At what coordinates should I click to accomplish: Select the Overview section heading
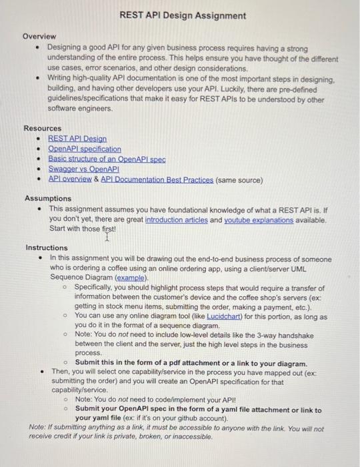click(40, 36)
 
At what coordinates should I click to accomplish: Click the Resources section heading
click(43, 128)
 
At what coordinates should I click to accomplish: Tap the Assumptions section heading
click(48, 199)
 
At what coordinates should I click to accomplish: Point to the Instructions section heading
click(47, 248)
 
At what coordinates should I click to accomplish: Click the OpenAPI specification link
click(85, 149)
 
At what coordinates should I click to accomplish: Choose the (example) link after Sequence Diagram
click(131, 277)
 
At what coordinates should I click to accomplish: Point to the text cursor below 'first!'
click(107, 236)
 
